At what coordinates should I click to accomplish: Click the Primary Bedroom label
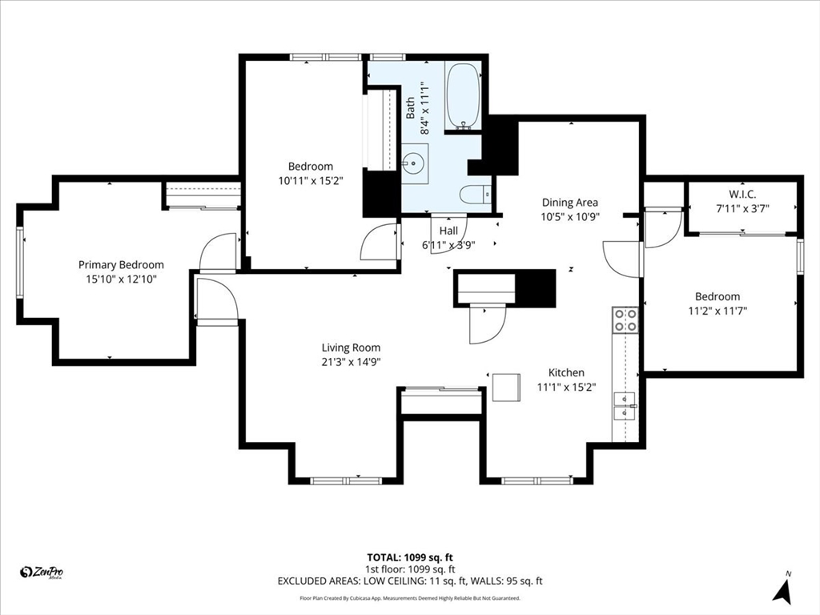click(121, 264)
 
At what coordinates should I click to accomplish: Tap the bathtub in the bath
click(463, 96)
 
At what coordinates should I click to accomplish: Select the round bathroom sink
click(415, 163)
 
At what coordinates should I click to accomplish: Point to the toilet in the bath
click(476, 195)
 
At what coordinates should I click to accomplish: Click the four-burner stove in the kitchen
click(625, 320)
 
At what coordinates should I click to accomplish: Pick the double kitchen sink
click(625, 406)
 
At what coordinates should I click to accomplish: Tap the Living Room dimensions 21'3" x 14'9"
click(351, 361)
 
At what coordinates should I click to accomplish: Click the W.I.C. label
click(742, 194)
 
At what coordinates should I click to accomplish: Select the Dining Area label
click(569, 203)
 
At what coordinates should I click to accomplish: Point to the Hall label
click(448, 231)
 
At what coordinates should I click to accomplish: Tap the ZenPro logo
click(42, 573)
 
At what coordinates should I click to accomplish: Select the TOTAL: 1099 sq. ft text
click(406, 557)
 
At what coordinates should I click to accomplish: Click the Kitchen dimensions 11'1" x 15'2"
click(566, 387)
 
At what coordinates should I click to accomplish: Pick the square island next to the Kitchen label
click(506, 387)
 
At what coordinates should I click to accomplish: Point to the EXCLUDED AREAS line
click(410, 581)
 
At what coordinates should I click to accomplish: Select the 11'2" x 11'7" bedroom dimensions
click(717, 311)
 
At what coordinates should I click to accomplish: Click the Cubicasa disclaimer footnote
click(410, 597)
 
